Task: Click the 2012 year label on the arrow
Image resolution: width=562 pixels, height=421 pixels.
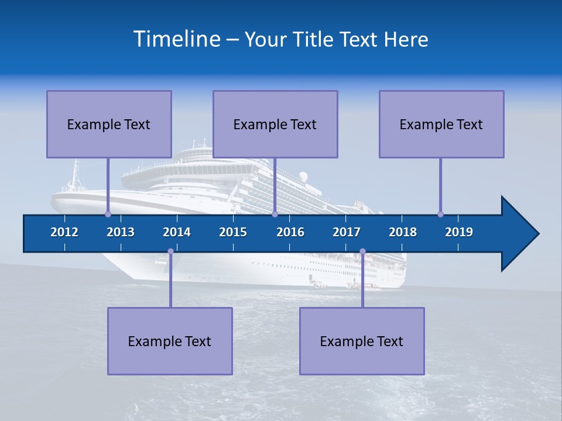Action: click(64, 232)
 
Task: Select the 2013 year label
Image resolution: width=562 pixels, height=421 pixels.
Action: click(121, 232)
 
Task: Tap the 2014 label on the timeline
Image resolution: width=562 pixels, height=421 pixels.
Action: click(177, 232)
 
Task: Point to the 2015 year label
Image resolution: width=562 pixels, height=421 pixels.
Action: click(233, 232)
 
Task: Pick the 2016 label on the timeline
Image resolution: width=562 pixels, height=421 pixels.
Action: click(290, 232)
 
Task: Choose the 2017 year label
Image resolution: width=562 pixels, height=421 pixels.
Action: click(347, 232)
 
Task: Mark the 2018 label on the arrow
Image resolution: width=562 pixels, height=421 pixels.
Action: click(403, 232)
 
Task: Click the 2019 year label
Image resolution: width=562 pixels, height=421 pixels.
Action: click(459, 232)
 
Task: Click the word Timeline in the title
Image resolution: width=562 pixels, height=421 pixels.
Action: click(177, 39)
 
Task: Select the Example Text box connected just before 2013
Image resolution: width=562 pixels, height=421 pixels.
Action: click(109, 124)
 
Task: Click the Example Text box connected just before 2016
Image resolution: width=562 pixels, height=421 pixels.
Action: click(275, 124)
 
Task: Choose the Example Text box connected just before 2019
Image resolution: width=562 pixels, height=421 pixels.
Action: click(441, 124)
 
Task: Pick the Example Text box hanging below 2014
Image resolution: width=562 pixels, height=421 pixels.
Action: click(170, 341)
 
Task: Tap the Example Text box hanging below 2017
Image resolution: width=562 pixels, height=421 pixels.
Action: click(362, 341)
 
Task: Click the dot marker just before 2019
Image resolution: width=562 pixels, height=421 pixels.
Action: click(440, 214)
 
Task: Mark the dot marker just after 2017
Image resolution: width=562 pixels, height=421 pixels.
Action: click(362, 251)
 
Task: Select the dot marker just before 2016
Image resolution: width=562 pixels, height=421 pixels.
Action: click(275, 214)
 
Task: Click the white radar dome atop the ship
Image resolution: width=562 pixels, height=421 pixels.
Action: click(303, 176)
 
